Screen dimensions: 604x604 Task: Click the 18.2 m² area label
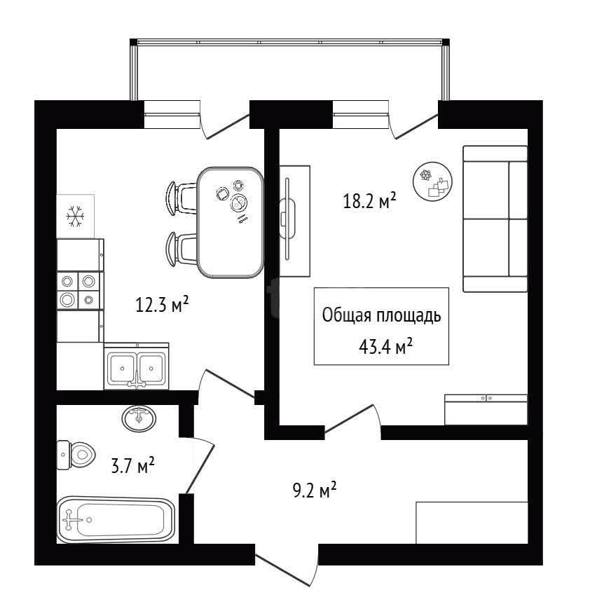tap(369, 200)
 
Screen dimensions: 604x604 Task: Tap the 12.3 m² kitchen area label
tap(162, 305)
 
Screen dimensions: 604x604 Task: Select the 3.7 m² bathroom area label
tap(133, 466)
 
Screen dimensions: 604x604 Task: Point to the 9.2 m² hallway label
tap(315, 490)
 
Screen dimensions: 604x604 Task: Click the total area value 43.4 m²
tap(385, 346)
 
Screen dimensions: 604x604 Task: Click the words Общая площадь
tap(381, 315)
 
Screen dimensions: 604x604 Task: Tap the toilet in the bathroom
tap(76, 455)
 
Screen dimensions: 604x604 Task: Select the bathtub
tap(116, 520)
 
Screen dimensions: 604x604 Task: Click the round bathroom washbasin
tap(139, 418)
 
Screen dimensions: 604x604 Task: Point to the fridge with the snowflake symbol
tap(76, 216)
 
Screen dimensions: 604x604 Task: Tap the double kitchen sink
tap(137, 366)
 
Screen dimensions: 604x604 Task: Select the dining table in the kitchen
tap(231, 222)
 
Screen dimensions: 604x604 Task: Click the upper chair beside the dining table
tap(180, 198)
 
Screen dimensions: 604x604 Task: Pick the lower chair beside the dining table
tap(180, 249)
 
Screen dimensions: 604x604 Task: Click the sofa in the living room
tap(495, 219)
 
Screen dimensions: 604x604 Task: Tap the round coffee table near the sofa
tap(432, 180)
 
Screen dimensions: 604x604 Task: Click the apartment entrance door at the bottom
tap(287, 565)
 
